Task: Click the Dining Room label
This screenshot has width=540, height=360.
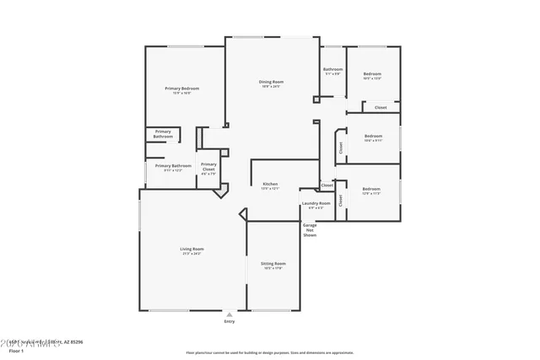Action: [x=271, y=82]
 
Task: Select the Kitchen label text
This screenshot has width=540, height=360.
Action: [x=271, y=184]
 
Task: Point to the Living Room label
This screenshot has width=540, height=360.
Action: [x=192, y=249]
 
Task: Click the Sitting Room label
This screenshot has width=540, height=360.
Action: [x=273, y=264]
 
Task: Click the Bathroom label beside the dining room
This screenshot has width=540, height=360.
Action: [x=332, y=69]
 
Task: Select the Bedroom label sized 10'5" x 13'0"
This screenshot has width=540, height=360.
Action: [x=372, y=74]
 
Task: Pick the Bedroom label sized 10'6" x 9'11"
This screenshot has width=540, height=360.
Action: [x=373, y=136]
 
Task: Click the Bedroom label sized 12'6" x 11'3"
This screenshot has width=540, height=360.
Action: [x=371, y=190]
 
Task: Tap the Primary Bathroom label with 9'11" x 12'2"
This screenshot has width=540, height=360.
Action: [x=173, y=166]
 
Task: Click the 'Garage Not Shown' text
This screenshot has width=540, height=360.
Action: [x=310, y=230]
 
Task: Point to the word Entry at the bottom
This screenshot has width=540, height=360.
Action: [x=229, y=322]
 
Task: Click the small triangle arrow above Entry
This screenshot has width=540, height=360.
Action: [x=229, y=314]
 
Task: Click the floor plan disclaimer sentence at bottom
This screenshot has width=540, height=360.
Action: [x=271, y=352]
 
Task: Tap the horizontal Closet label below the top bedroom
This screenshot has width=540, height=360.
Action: [x=381, y=107]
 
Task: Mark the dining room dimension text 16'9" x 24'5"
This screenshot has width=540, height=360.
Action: [x=271, y=87]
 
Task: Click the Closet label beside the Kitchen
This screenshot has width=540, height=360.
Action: [x=327, y=185]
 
